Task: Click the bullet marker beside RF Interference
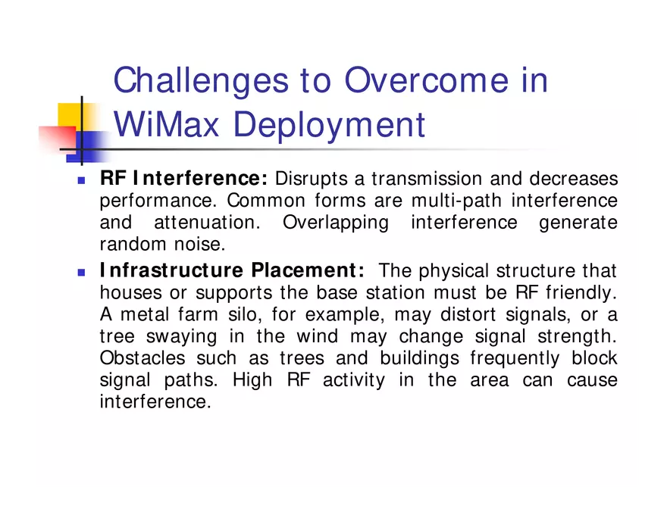coord(81,181)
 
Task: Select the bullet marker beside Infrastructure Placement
coord(81,271)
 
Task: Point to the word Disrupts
coord(308,179)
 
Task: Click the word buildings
coord(419,357)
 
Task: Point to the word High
coord(252,379)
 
